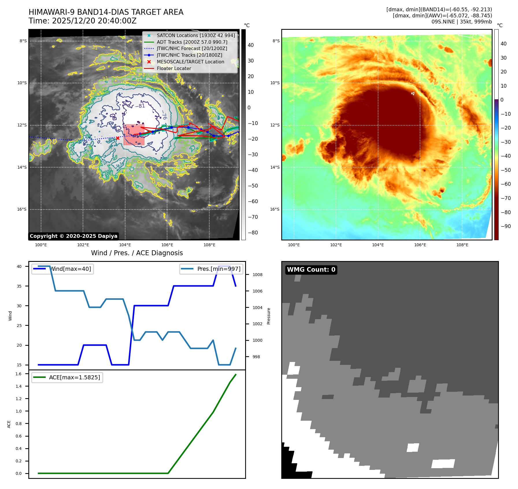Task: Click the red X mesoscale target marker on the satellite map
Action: pos(118,138)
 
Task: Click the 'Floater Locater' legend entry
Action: pos(174,69)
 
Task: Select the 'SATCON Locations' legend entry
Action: pos(196,36)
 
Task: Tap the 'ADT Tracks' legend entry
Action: pos(192,42)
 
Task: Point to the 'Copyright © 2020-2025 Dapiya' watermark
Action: pos(73,236)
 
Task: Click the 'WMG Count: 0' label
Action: pos(311,270)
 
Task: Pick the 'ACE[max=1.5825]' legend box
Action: pos(67,378)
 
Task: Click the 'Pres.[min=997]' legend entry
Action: pos(212,269)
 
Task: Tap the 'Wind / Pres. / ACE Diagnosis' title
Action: pos(137,253)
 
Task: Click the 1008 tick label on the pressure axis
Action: pos(257,275)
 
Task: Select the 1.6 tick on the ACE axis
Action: pos(18,374)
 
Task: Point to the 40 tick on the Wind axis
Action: pos(19,267)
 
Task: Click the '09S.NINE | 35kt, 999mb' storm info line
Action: pos(461,22)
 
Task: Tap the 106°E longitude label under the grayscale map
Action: pos(167,245)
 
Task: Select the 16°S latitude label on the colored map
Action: pos(275,209)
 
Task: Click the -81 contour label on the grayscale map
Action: pos(140,106)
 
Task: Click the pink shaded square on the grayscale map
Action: pos(134,135)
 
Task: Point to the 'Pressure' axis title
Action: pos(269,316)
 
